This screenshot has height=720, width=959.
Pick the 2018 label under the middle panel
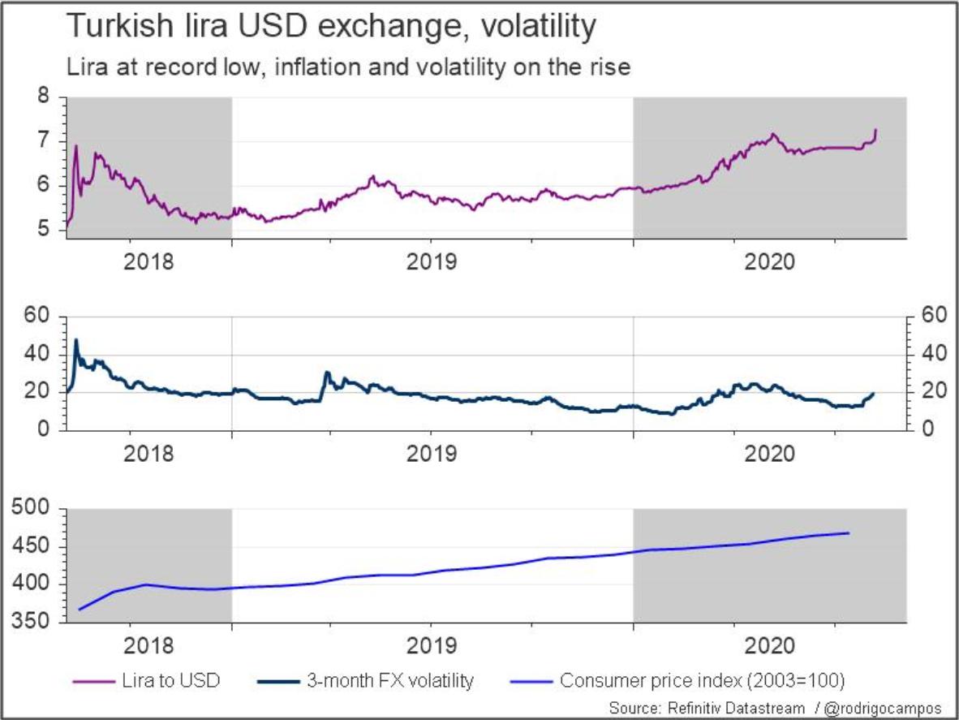click(149, 453)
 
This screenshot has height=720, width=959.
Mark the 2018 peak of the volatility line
click(76, 340)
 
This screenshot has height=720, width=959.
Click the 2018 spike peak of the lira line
click(76, 147)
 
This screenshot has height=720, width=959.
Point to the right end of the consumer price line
click(849, 533)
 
